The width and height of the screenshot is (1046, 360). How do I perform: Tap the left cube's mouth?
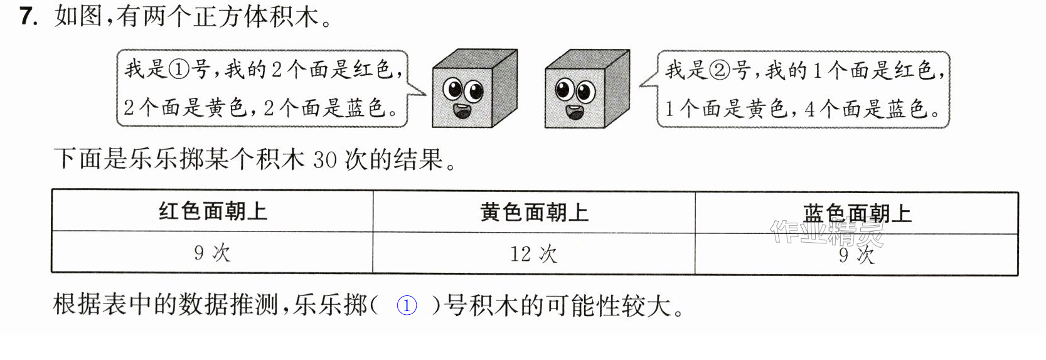(462, 111)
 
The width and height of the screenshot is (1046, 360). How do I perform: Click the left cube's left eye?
(452, 88)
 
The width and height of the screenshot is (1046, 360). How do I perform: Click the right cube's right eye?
(586, 91)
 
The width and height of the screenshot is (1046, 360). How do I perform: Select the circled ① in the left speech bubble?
(178, 70)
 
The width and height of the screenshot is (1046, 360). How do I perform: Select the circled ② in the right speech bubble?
(719, 70)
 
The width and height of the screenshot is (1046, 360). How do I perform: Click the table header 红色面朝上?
(213, 211)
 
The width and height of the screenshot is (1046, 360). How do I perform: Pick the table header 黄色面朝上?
(534, 213)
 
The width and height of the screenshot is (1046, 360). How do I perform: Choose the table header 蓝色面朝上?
(857, 213)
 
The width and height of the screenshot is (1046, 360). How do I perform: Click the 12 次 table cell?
(534, 254)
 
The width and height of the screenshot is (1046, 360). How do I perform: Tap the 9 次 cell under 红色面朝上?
(213, 253)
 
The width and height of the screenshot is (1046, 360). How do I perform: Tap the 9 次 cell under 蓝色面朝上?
(857, 255)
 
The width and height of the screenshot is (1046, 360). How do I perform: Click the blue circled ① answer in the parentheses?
(406, 306)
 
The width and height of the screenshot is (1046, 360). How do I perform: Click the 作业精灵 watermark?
(826, 233)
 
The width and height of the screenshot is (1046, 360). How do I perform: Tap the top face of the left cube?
(475, 59)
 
